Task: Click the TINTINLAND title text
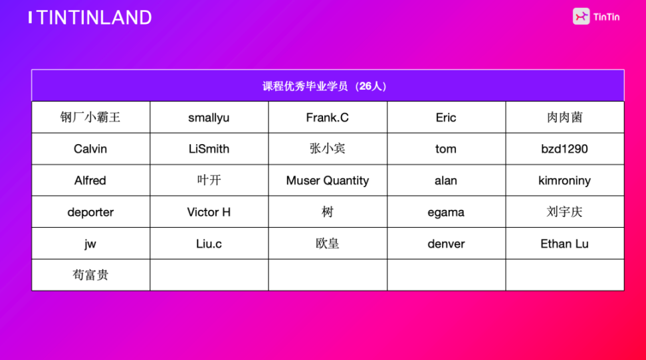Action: tap(94, 18)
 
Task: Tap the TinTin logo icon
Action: tap(581, 17)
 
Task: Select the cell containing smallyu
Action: tap(209, 118)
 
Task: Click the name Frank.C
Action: tap(327, 118)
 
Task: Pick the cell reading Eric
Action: tap(446, 118)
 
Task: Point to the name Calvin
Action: tap(90, 149)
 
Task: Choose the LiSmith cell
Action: tap(209, 149)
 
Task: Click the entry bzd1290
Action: tap(564, 149)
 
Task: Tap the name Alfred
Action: tap(90, 181)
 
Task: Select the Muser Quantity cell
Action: tap(328, 181)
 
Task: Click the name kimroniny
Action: tap(564, 181)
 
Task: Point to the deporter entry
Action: tap(90, 212)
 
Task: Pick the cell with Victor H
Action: tap(209, 212)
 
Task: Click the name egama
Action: tap(446, 213)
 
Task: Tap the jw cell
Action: tap(90, 244)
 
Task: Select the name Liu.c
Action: tap(209, 244)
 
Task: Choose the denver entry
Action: tap(446, 244)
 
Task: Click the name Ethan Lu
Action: tap(564, 244)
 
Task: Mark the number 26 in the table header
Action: tap(366, 86)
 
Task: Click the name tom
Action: tap(446, 149)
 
